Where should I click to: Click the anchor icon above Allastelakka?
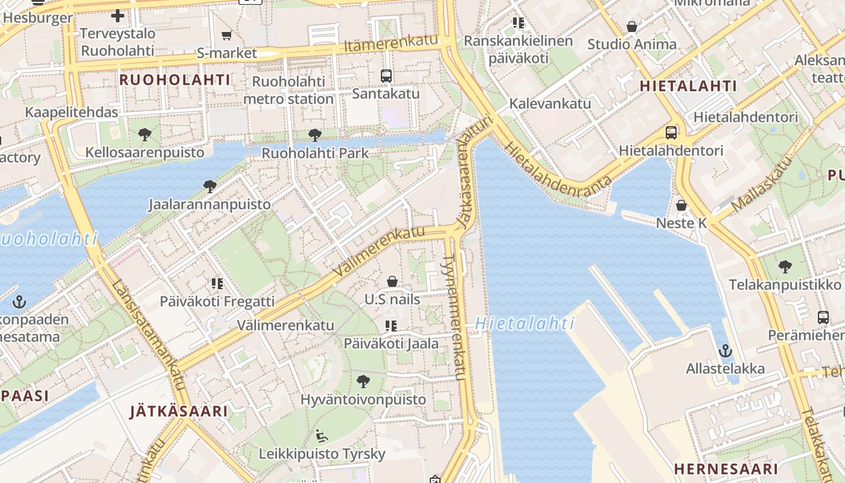pos(725,350)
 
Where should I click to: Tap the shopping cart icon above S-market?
pos(226,35)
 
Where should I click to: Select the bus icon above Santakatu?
pos(386,76)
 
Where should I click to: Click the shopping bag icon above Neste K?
pos(681,205)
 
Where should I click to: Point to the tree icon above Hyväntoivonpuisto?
pos(363,381)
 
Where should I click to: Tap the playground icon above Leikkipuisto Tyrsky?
pos(322,435)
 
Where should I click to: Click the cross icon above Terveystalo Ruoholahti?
pos(118,16)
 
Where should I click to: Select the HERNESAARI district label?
pos(725,469)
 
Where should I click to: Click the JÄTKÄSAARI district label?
pos(179,412)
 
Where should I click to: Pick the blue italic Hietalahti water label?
pos(524,324)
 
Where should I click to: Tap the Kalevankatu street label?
pos(550,103)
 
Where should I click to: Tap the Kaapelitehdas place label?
pos(71,112)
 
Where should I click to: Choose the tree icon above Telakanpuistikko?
pos(785,266)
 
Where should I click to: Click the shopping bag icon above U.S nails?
pos(392,281)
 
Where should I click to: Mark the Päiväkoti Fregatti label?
pos(217,301)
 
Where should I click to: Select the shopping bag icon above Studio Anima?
pos(631,27)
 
